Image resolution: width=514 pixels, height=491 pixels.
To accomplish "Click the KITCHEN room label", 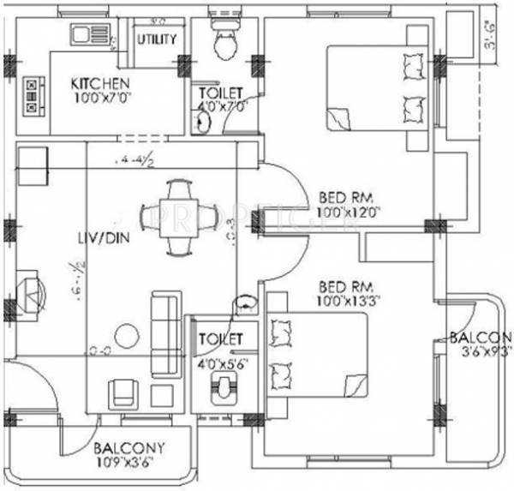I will click(100, 83).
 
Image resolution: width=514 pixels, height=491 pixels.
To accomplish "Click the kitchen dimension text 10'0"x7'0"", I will click(100, 98).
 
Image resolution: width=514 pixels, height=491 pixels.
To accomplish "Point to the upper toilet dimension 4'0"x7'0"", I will click(221, 107).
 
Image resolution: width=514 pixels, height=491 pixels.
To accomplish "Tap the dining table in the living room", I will click(180, 217).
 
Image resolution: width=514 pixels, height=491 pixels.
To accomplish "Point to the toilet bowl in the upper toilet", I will click(224, 43).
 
